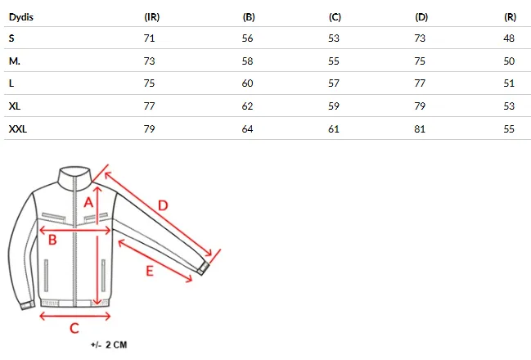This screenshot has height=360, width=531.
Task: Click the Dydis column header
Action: click(x=21, y=17)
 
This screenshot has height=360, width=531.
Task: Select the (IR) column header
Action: click(x=151, y=17)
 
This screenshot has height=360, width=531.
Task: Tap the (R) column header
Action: click(x=510, y=17)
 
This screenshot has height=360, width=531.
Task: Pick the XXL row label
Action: click(x=18, y=129)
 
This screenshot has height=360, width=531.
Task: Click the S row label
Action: click(x=11, y=38)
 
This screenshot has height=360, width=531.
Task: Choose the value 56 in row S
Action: click(x=248, y=38)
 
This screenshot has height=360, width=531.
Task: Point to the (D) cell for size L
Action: click(x=420, y=83)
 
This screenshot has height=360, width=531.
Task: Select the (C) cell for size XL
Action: click(x=334, y=106)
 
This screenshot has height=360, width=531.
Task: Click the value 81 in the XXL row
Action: click(x=420, y=129)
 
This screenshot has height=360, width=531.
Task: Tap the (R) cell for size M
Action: click(x=509, y=61)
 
